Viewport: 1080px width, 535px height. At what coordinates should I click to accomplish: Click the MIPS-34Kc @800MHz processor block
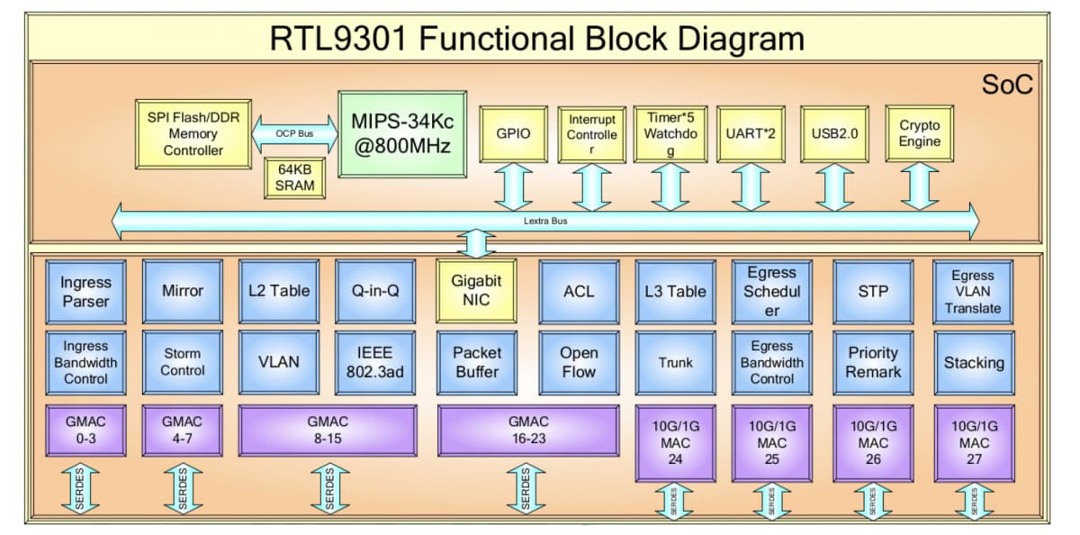click(402, 133)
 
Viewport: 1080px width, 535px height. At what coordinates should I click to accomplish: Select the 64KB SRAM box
click(294, 178)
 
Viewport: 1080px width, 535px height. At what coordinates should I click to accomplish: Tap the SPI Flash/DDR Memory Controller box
click(193, 133)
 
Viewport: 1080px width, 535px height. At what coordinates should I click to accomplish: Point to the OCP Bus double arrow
click(294, 133)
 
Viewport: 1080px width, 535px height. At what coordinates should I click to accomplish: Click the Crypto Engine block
click(919, 133)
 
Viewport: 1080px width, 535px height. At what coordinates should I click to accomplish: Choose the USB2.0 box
click(834, 133)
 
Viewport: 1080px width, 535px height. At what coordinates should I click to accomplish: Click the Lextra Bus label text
click(545, 220)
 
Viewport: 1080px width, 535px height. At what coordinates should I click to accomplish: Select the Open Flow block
click(579, 362)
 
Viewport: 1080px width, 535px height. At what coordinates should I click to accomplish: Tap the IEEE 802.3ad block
click(375, 362)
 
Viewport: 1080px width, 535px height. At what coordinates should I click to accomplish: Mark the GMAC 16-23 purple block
click(527, 431)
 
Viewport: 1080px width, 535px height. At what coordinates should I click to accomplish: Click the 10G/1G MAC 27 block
click(974, 442)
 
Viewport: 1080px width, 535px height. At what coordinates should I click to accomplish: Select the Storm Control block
click(183, 362)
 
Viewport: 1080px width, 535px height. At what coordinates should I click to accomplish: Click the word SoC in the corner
click(1007, 86)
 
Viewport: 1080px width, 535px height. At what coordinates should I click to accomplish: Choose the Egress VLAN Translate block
click(973, 291)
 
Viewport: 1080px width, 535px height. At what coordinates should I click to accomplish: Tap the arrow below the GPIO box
click(514, 187)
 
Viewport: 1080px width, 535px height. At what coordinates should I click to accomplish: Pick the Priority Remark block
click(873, 362)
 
